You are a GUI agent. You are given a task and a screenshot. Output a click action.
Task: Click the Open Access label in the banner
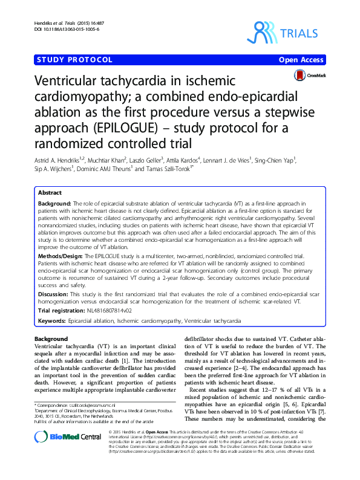coord(301,59)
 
